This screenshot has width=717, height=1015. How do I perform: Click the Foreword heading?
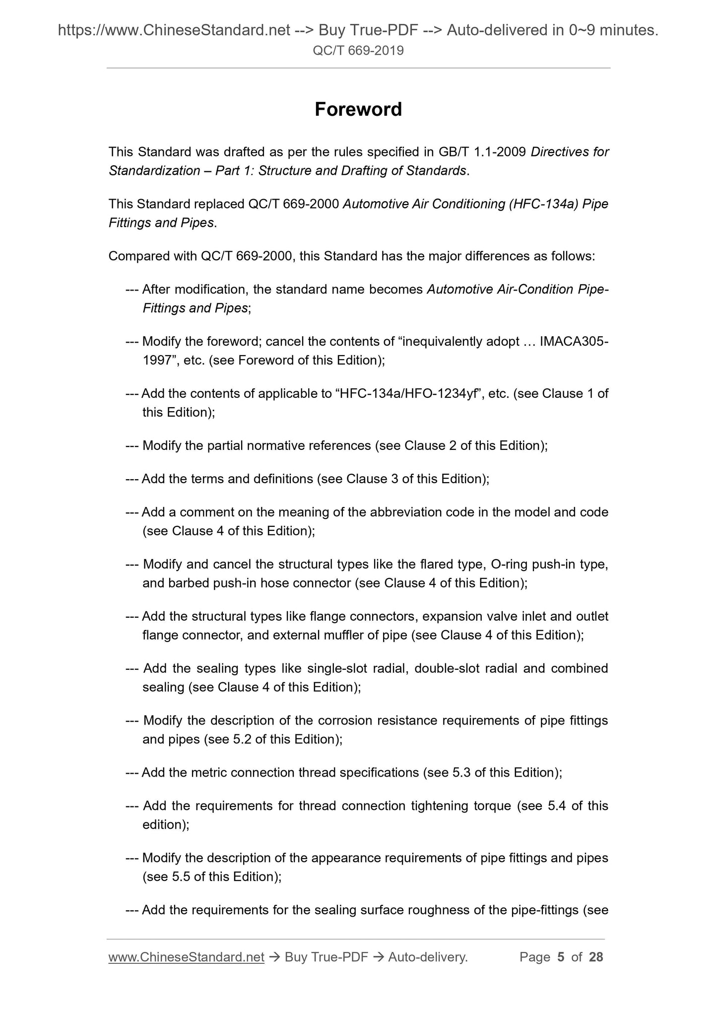358,109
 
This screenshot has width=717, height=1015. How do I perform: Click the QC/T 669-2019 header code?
358,50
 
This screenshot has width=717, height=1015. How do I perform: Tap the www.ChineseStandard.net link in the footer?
186,957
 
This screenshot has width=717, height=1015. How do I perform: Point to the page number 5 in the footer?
561,957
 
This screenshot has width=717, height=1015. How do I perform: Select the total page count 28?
595,957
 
